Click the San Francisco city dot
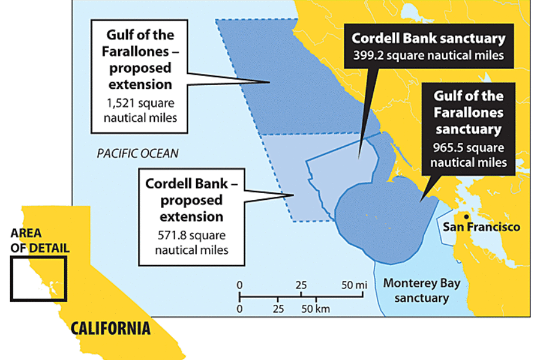tap(464, 216)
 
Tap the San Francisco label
tap(481, 227)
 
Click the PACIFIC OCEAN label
tap(137, 154)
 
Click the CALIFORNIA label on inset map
tap(110, 328)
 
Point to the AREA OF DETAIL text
tap(40, 241)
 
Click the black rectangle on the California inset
tap(38, 278)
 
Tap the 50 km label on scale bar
tap(314, 309)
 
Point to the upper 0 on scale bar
tap(239, 284)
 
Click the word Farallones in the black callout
tap(469, 112)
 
